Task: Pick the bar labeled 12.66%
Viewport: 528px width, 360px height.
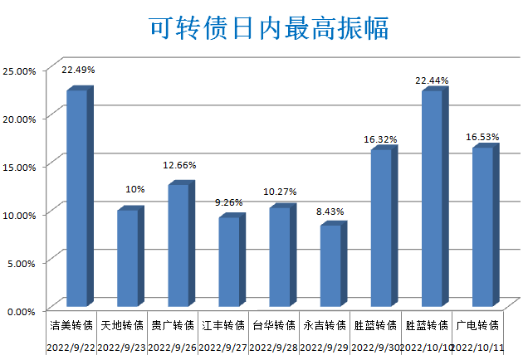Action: tap(178, 245)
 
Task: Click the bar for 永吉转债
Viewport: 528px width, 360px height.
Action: tap(330, 265)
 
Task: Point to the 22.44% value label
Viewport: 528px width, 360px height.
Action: tap(432, 80)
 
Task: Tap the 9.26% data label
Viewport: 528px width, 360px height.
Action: tap(228, 202)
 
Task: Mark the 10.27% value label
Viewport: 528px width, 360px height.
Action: tap(280, 192)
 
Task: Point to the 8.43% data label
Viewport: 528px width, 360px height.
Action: tap(330, 212)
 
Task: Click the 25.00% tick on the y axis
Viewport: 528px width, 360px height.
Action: tap(18, 71)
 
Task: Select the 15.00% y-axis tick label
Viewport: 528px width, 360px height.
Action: tap(18, 167)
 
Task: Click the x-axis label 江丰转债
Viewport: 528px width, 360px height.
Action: tap(223, 325)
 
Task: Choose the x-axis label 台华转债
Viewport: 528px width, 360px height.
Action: tap(274, 325)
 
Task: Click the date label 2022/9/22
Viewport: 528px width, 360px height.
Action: tap(71, 347)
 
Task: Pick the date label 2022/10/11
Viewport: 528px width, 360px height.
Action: tap(477, 347)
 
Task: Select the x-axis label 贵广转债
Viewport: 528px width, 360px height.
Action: tap(173, 325)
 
